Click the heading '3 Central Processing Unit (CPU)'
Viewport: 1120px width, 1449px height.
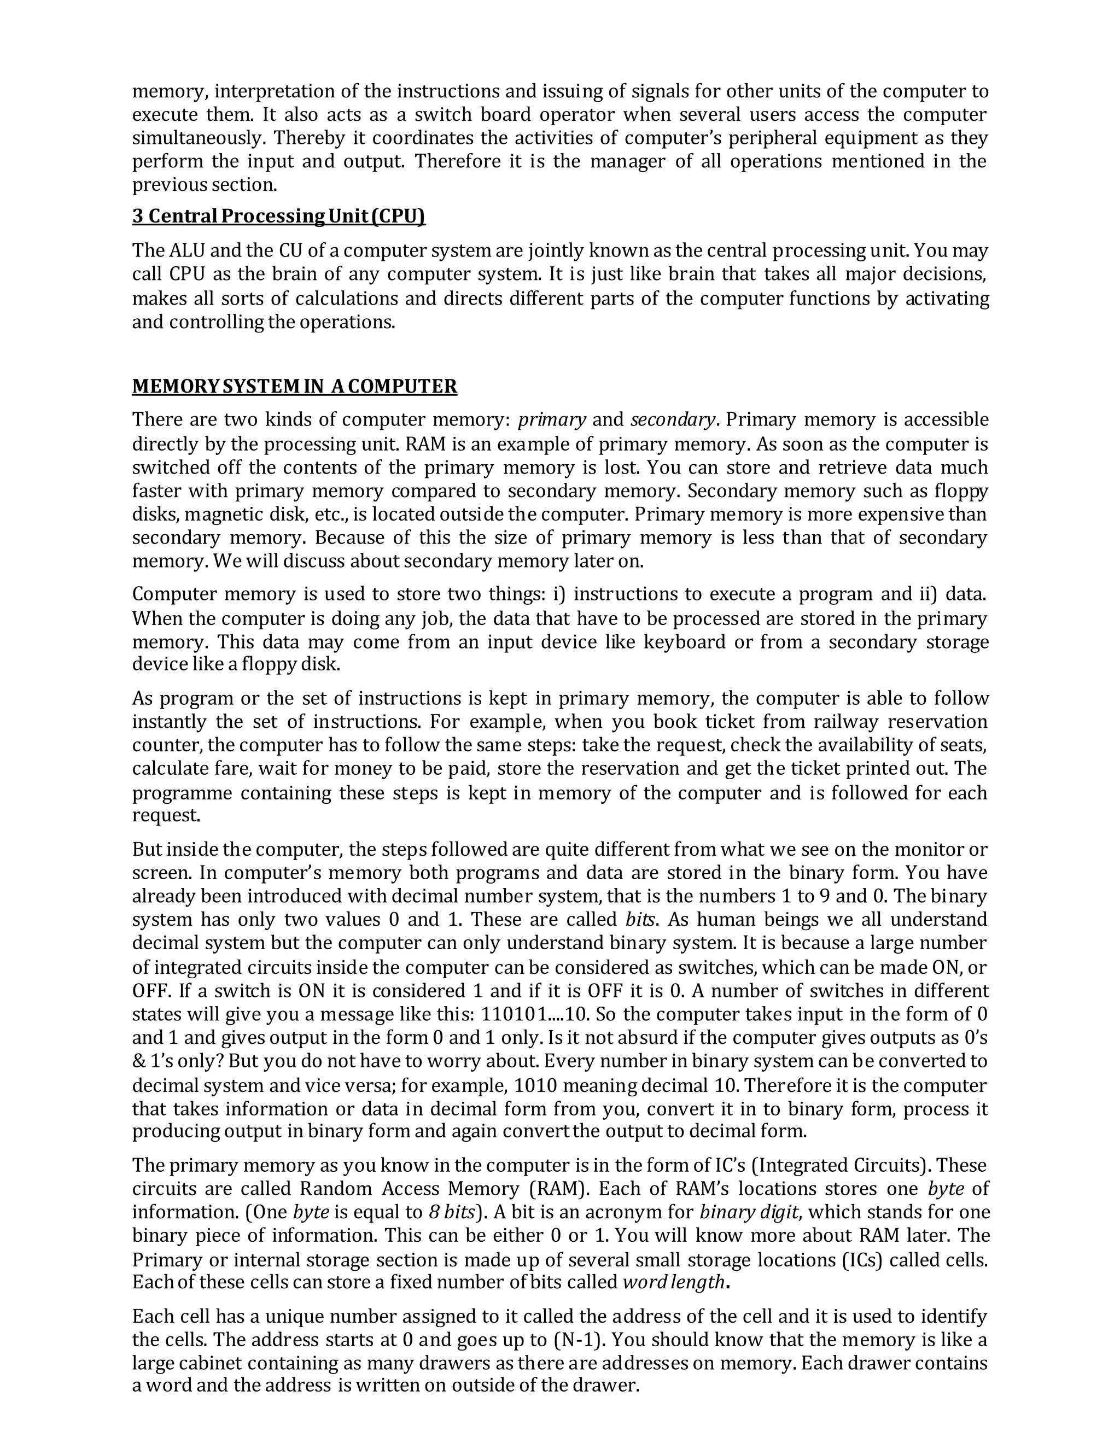(279, 217)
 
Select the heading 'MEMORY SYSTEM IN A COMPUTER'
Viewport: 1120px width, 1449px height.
(295, 386)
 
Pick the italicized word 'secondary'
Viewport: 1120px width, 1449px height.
(673, 420)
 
